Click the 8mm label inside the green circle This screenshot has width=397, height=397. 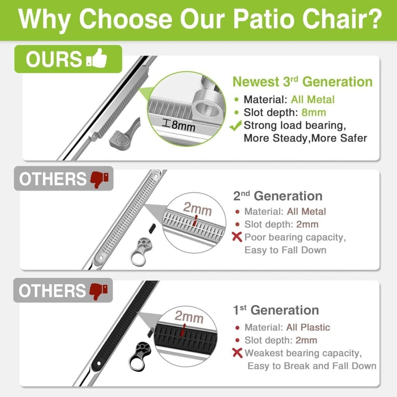click(179, 125)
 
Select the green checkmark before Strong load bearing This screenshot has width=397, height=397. click(235, 125)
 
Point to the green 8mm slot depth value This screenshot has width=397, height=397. click(314, 112)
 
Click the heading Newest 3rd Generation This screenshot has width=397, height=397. click(302, 82)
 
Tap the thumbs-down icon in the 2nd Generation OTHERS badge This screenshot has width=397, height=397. click(99, 179)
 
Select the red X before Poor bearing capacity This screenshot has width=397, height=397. click(237, 237)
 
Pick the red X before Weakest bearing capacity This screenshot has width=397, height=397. click(237, 353)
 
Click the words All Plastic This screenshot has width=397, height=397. click(308, 327)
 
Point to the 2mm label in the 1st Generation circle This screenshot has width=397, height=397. click(189, 316)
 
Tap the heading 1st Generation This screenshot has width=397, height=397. click(276, 310)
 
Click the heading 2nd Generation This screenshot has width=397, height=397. click(278, 196)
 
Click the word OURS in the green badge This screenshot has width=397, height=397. click(54, 59)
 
